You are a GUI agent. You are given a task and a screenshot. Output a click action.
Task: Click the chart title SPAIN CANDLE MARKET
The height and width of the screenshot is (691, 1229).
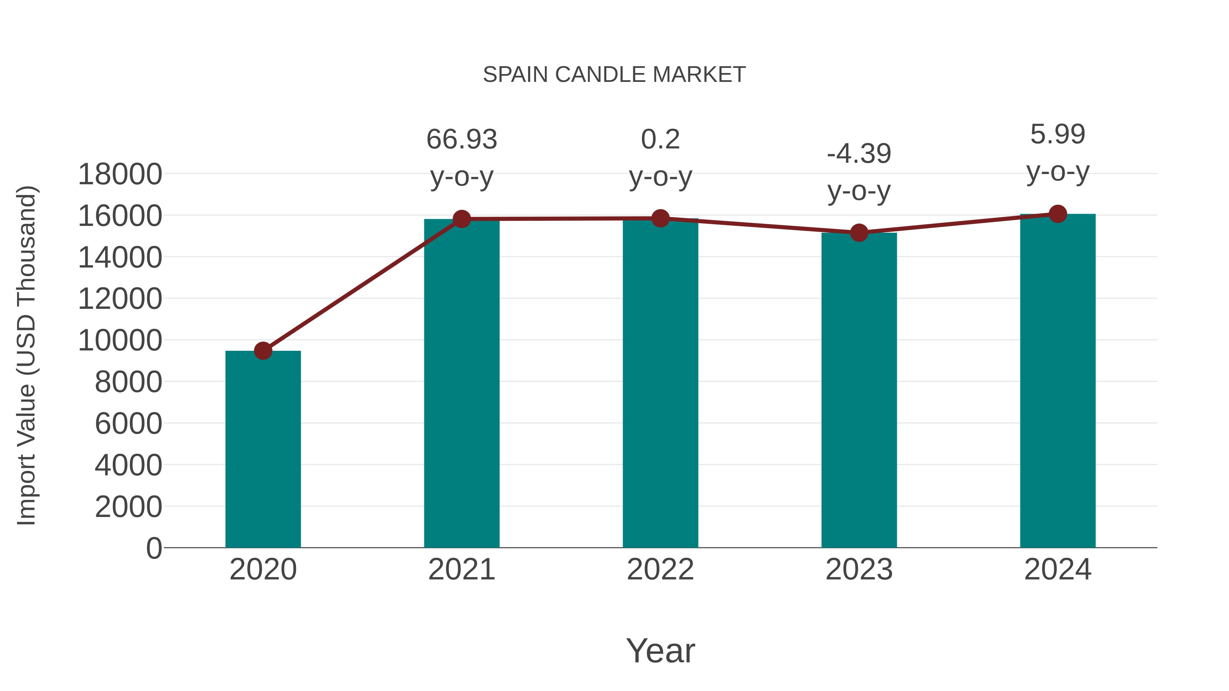click(x=614, y=75)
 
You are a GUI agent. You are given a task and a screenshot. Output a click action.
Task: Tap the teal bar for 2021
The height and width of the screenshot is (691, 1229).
click(x=461, y=384)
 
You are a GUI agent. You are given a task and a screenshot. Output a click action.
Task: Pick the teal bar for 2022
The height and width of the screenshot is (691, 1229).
click(x=660, y=384)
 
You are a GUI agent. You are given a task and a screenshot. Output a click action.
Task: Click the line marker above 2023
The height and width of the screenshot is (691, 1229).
click(x=859, y=233)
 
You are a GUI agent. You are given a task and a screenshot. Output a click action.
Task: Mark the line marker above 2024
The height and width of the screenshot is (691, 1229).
click(x=1058, y=214)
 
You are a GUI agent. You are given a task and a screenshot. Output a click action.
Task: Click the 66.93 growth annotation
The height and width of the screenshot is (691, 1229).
click(x=461, y=140)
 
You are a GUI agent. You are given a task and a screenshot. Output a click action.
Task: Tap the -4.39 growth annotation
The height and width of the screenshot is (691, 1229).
click(x=859, y=154)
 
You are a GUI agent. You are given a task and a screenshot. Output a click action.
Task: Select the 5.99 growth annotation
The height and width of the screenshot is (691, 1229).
click(x=1058, y=134)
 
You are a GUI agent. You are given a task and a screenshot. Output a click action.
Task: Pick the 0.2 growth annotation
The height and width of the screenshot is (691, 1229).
click(x=660, y=140)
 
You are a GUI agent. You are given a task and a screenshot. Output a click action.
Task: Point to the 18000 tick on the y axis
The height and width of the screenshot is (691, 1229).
click(x=120, y=174)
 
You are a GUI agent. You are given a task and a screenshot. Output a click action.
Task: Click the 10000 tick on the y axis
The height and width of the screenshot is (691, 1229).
click(x=120, y=341)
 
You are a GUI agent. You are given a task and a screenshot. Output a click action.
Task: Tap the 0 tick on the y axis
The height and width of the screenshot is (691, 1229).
click(x=154, y=548)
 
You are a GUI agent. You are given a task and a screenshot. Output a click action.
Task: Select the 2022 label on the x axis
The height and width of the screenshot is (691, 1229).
click(x=660, y=570)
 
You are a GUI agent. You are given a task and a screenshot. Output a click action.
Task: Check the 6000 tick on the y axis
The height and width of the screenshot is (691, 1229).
click(x=128, y=424)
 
